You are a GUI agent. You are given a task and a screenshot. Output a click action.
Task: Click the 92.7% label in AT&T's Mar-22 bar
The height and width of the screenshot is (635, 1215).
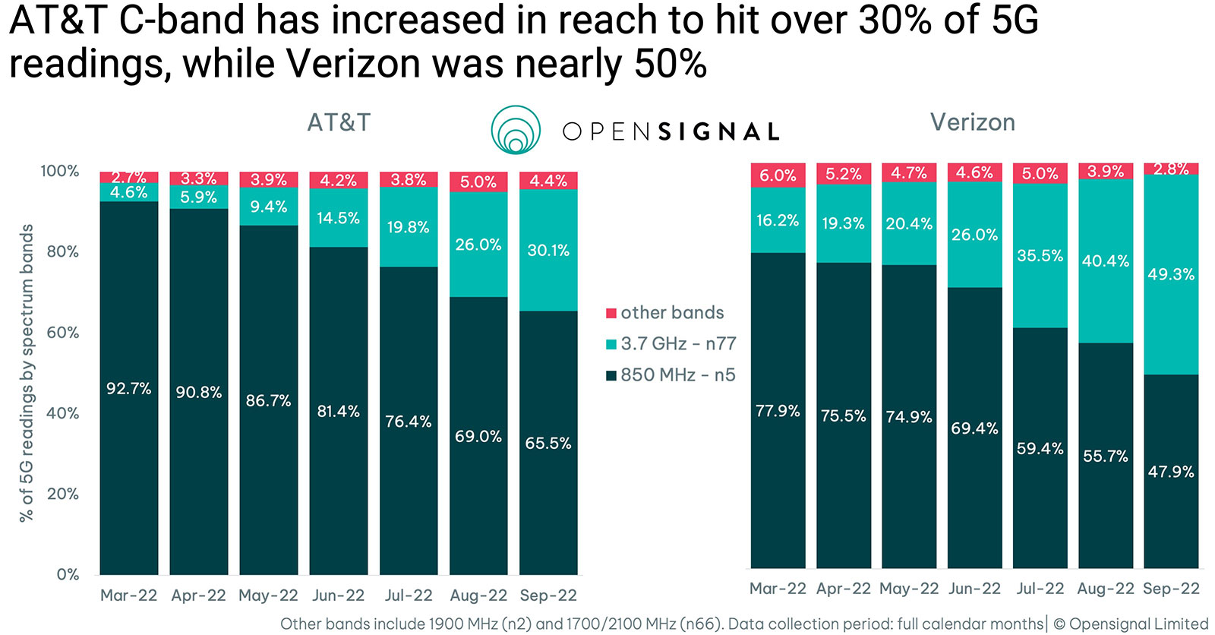[x=128, y=389]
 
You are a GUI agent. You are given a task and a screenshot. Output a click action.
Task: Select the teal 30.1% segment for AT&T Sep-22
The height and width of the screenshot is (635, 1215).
[x=548, y=251]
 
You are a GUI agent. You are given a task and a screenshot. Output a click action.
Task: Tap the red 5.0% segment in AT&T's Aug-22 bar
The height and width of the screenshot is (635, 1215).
[x=478, y=182]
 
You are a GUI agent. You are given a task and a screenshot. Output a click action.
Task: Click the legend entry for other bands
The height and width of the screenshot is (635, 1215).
[x=665, y=313]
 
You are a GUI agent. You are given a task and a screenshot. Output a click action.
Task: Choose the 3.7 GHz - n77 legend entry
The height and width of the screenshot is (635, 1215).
[x=671, y=344]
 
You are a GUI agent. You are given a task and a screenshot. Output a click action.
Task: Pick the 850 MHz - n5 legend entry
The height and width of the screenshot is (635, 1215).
[x=671, y=375]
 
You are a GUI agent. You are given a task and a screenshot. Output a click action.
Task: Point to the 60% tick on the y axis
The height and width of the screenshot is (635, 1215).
[x=63, y=333]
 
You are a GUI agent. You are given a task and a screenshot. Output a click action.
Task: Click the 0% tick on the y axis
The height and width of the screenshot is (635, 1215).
[x=68, y=575]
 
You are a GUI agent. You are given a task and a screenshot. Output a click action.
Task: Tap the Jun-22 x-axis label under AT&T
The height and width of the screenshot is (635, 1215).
[x=339, y=596]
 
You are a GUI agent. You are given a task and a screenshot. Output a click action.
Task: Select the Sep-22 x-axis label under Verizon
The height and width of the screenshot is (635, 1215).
[x=1171, y=589]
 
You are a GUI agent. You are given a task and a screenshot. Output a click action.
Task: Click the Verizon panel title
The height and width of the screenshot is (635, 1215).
[x=972, y=122]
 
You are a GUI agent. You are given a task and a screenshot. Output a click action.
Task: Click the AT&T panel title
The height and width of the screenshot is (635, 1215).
[x=339, y=122]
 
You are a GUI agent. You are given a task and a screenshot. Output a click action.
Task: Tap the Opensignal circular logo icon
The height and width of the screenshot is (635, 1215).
[x=516, y=130]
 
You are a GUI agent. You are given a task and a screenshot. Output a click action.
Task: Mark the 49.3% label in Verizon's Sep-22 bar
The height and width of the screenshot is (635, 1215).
[x=1171, y=274]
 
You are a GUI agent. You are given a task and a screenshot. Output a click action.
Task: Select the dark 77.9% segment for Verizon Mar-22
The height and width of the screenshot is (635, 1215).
[x=778, y=410]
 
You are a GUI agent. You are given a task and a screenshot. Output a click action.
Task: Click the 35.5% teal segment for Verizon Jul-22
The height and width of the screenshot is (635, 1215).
[x=1040, y=256]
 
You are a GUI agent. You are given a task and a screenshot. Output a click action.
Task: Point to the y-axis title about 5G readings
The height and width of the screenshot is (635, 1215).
[x=27, y=372]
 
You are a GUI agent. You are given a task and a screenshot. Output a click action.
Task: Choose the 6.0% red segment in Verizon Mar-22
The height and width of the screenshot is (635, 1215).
[x=778, y=175]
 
